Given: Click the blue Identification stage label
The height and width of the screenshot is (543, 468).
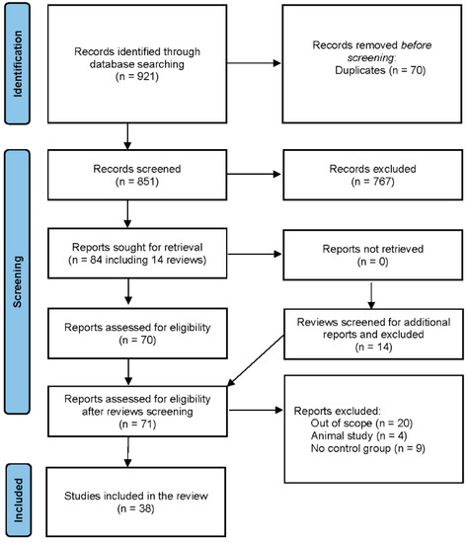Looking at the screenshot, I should (x=20, y=63).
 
